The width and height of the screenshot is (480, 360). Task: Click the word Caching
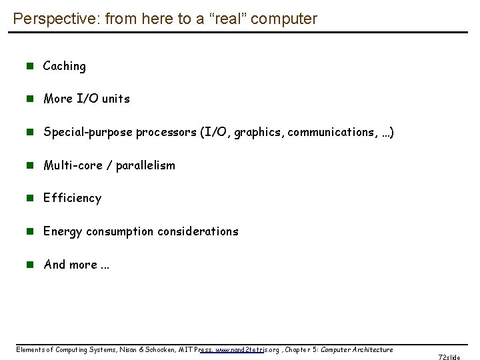[65, 66]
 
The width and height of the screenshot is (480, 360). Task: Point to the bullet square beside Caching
[29, 66]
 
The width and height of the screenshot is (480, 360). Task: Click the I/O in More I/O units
[87, 99]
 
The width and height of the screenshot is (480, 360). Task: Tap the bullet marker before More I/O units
[29, 99]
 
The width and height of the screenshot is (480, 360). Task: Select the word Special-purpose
[88, 132]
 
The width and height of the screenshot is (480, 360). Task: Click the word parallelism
[145, 165]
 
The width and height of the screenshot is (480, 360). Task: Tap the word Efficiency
[72, 198]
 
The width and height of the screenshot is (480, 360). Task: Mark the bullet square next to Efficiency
[29, 198]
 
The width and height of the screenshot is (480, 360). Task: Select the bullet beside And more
[29, 265]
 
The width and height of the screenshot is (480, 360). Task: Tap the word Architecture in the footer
[374, 349]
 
